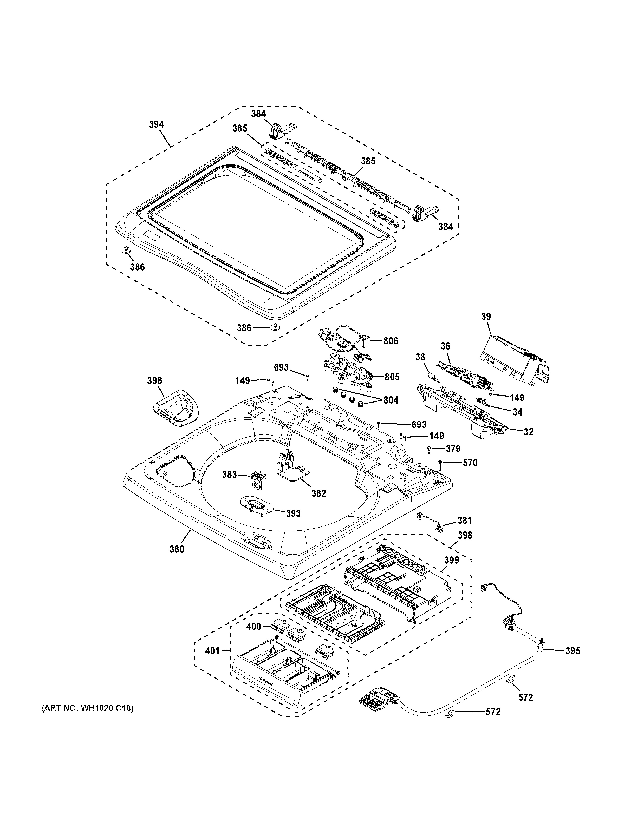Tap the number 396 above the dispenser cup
pyautogui.click(x=154, y=381)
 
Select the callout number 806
pyautogui.click(x=391, y=341)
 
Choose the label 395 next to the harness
pyautogui.click(x=573, y=651)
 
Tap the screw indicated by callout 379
pyautogui.click(x=428, y=449)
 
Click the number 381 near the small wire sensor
pyautogui.click(x=464, y=521)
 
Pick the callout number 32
pyautogui.click(x=528, y=432)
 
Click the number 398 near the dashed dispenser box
pyautogui.click(x=464, y=536)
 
